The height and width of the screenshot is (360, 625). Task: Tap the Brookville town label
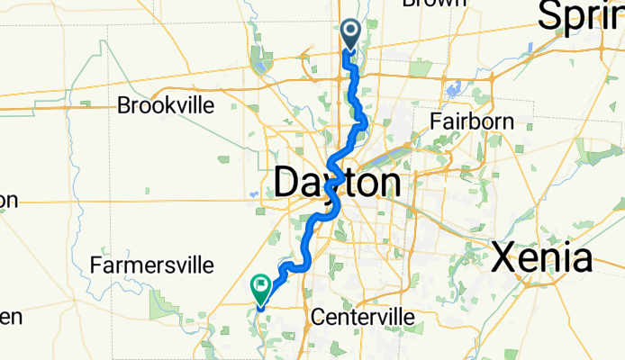click(x=166, y=105)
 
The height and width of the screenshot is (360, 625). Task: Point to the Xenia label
click(x=541, y=259)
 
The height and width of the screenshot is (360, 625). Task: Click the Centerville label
click(x=362, y=318)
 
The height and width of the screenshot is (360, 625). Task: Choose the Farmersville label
click(x=151, y=265)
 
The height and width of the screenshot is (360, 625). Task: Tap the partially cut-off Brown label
click(x=436, y=4)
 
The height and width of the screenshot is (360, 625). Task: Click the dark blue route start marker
click(x=349, y=34)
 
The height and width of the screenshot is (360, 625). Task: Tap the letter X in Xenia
click(x=505, y=259)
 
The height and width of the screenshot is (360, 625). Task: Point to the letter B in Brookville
click(x=123, y=105)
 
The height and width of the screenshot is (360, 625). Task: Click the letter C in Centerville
click(x=315, y=318)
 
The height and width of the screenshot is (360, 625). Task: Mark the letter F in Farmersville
click(x=96, y=265)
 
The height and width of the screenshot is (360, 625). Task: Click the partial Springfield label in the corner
click(x=581, y=16)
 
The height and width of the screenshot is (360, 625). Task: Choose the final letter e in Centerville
click(x=409, y=318)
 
